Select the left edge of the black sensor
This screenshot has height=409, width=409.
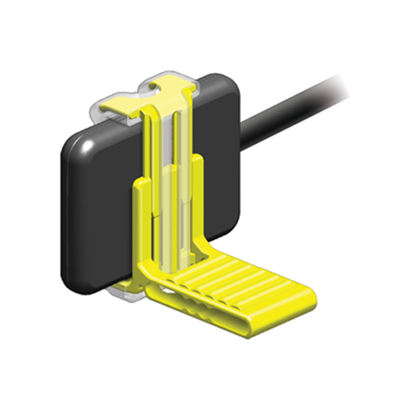[65, 213]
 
